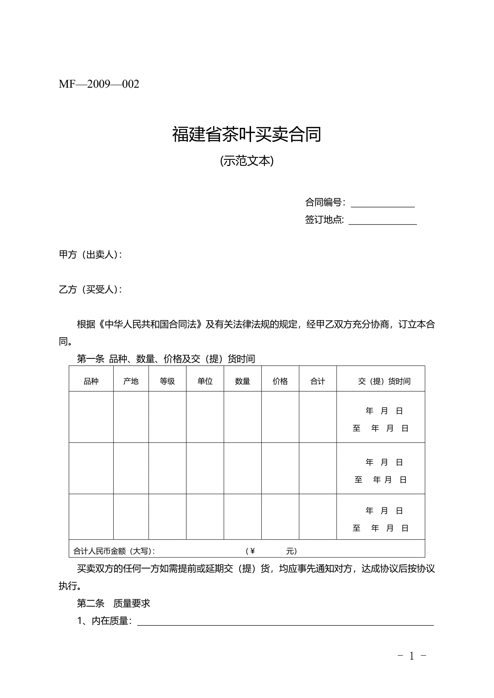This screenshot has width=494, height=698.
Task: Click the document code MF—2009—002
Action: point(99,84)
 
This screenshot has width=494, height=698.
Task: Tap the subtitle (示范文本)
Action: point(247,161)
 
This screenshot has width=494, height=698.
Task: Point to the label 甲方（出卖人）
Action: point(90,255)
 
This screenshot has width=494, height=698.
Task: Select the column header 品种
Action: point(91,381)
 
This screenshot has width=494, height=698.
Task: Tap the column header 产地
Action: point(131,381)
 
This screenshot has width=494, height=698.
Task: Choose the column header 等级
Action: point(167,381)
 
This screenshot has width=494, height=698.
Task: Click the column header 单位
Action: point(205,381)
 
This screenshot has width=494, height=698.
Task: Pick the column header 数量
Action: point(242,381)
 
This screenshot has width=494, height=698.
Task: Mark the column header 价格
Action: point(280,381)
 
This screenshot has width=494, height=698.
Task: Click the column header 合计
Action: point(318,381)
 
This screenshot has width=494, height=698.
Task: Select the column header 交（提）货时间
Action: point(384,381)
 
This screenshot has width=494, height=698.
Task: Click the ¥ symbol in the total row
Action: point(252,551)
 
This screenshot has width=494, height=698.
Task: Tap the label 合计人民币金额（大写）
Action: point(114,551)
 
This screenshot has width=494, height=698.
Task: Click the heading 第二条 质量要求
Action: point(113,603)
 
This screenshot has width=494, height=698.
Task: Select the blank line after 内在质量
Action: point(285,622)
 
